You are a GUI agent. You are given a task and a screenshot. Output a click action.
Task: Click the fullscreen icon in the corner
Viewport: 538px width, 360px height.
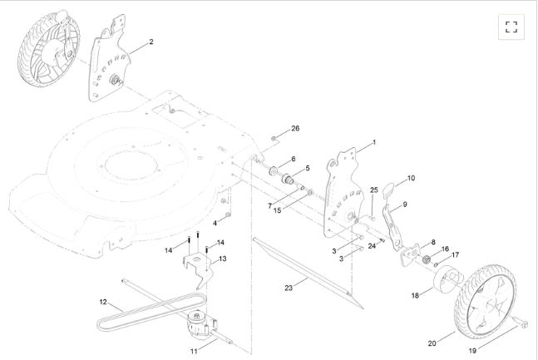[x=511, y=27]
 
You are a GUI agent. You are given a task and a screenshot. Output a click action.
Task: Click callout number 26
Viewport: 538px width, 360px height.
[x=294, y=129]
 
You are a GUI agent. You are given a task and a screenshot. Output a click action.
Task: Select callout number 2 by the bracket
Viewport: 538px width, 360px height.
[x=151, y=42]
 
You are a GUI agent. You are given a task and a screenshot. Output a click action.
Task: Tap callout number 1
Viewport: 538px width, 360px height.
[x=373, y=142]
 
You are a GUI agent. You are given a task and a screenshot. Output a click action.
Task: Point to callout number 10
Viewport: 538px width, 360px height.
[x=411, y=178]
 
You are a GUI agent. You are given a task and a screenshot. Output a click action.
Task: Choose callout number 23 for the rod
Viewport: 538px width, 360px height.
[x=289, y=288]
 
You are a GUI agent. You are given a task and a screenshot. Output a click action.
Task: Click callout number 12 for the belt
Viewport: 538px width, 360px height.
[x=104, y=301]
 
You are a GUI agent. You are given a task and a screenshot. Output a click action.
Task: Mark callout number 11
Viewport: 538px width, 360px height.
[x=194, y=352]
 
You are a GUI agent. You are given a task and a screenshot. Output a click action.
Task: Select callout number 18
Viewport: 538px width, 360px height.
[x=415, y=295]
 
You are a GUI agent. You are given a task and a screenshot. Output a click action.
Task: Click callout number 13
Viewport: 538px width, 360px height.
[x=222, y=259]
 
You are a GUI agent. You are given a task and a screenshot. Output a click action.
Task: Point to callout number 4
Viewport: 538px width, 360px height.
[x=215, y=223]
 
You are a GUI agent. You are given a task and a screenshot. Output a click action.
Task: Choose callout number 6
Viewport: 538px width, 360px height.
[x=293, y=158]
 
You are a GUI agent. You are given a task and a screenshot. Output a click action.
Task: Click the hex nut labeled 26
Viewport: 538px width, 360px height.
[x=275, y=136]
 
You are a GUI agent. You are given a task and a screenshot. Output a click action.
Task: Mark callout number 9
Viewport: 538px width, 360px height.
[x=404, y=204]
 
